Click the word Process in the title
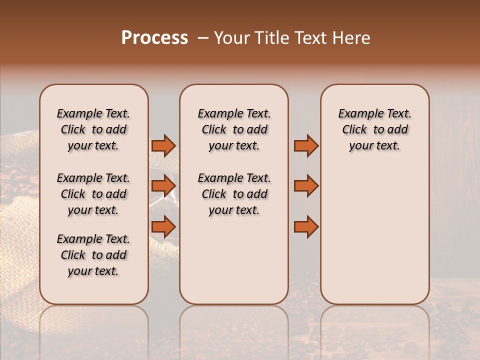[154, 38]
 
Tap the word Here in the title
[351, 38]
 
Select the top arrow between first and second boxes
[163, 145]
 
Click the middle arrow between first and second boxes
[163, 186]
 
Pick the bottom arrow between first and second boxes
[163, 227]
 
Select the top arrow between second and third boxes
[306, 145]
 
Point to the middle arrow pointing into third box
[306, 186]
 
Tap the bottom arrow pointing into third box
[306, 227]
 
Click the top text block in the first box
[93, 129]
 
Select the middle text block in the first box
[93, 194]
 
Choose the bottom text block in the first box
[93, 255]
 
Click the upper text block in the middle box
[234, 129]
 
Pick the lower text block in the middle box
[234, 194]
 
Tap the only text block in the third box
[374, 129]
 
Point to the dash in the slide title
[203, 38]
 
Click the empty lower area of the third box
[374, 240]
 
